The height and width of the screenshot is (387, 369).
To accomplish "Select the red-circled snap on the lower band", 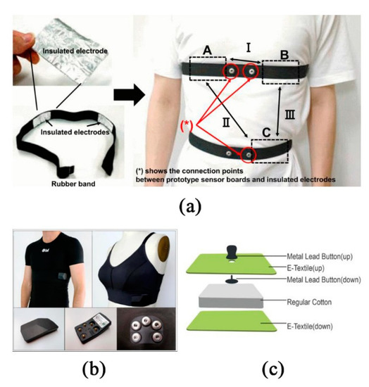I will click(x=248, y=154).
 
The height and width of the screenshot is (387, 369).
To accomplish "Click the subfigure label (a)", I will click(x=185, y=208).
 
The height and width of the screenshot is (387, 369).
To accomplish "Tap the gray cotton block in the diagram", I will click(x=232, y=298).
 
